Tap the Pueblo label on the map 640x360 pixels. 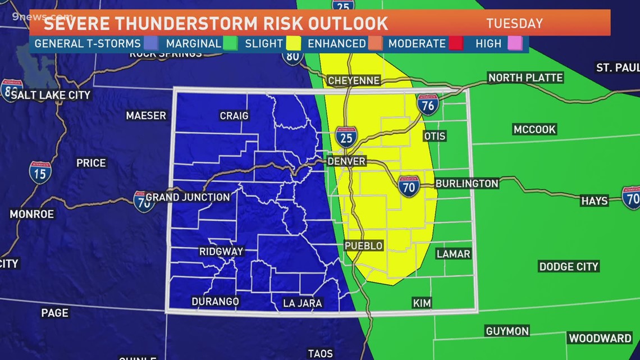tap(364, 246)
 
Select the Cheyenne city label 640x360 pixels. tap(354, 81)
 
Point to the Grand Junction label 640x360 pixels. tap(188, 197)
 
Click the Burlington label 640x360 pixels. tap(467, 184)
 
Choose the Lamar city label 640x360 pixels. tap(453, 254)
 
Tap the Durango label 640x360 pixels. tap(215, 302)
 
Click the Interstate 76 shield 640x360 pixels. tap(428, 104)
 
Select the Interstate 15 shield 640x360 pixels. tap(40, 172)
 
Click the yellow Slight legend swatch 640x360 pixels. tap(294, 43)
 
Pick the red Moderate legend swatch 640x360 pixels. tap(456, 43)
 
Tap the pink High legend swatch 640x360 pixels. tap(515, 43)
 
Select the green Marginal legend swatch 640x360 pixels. tap(230, 43)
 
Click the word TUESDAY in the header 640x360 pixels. tap(514, 24)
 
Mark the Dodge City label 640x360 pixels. tap(569, 267)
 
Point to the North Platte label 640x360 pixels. tap(525, 78)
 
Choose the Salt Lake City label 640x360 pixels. tap(51, 95)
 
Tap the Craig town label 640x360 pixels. tap(234, 116)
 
